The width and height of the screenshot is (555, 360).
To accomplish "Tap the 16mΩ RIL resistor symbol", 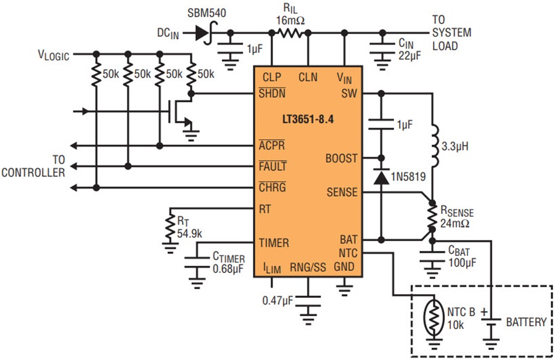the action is [290, 33].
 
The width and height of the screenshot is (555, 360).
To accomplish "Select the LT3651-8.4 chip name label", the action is [308, 119].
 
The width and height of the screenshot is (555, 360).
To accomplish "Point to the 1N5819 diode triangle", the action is [381, 178].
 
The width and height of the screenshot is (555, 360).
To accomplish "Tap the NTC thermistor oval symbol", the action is [434, 317].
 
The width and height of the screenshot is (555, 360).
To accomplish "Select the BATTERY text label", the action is [527, 322].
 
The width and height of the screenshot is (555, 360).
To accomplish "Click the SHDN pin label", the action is [272, 93].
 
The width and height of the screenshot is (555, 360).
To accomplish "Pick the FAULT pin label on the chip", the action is [273, 166].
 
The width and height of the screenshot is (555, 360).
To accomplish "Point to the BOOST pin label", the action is [341, 158].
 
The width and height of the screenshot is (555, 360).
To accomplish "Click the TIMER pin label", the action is [274, 243].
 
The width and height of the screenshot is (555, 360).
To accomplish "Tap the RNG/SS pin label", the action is [308, 268].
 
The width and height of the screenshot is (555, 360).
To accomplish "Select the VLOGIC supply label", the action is [54, 55].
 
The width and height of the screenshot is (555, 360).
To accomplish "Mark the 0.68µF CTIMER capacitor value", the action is [228, 269].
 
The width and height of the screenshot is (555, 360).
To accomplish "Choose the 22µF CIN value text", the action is [410, 55].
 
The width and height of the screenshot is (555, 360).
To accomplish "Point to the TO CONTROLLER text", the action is [33, 166].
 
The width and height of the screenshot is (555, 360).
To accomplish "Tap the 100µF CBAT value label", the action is [462, 263].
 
